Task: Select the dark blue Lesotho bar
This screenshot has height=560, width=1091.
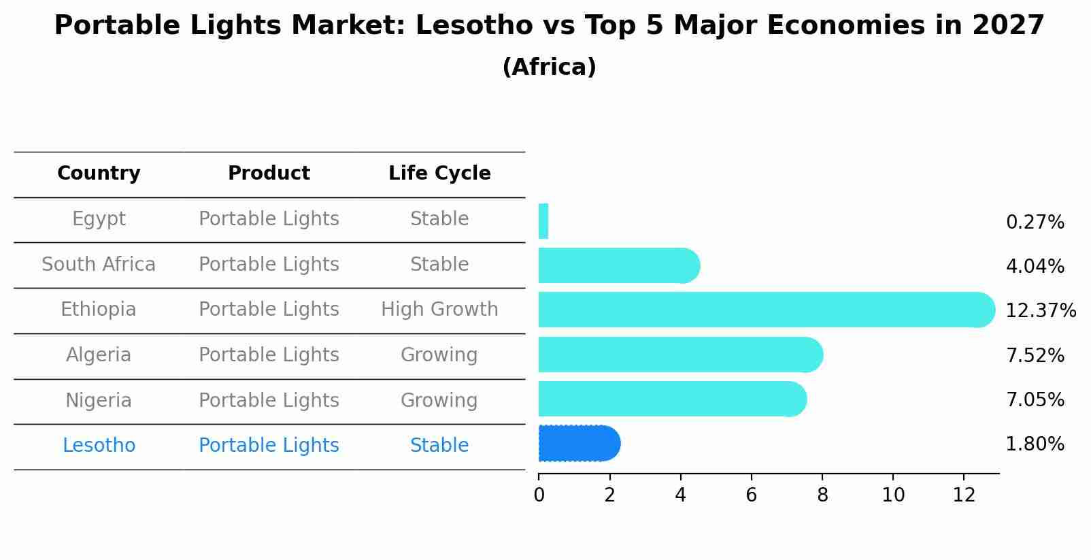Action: tap(578, 444)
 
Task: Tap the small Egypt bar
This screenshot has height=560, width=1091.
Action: tap(543, 221)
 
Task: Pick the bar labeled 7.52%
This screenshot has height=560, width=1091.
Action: tap(680, 355)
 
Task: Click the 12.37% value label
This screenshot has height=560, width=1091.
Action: tap(1040, 311)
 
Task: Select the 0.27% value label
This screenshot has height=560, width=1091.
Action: tap(1035, 223)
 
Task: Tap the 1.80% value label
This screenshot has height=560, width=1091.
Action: tap(1035, 444)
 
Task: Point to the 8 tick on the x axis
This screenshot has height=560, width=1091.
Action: tap(822, 495)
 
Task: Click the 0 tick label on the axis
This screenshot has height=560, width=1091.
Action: tap(539, 495)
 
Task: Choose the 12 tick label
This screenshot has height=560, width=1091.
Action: tap(964, 495)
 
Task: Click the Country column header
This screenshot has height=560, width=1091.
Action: tap(99, 174)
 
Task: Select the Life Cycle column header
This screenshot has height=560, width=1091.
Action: tap(439, 174)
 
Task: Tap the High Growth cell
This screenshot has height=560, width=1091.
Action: tap(439, 310)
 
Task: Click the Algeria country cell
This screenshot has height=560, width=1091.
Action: tap(99, 355)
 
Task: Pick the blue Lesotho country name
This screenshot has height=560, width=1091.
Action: tap(99, 446)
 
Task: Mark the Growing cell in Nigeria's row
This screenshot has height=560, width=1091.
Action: tap(439, 400)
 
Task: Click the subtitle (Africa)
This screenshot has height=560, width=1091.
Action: tap(549, 67)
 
